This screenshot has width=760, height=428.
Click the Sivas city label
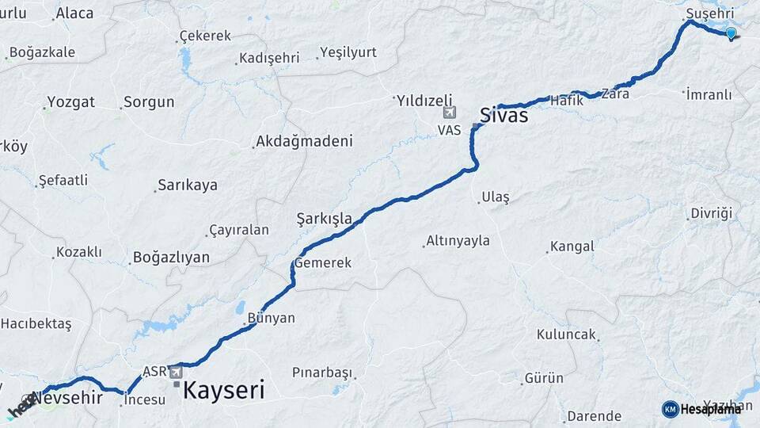point(504,116)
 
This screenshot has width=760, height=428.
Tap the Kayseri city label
point(224,390)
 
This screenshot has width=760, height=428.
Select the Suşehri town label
point(710,13)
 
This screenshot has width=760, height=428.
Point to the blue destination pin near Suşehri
point(731,33)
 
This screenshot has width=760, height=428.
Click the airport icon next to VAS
point(450,112)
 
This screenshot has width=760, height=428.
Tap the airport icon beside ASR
point(175,371)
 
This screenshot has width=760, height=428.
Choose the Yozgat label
point(70,102)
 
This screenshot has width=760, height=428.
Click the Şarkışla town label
point(324,217)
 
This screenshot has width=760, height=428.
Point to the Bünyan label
point(271,318)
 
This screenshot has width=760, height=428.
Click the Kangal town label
point(572,246)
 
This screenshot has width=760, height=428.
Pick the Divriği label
point(712,213)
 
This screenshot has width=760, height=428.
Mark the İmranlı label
point(709,94)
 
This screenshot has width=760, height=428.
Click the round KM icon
point(670,409)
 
